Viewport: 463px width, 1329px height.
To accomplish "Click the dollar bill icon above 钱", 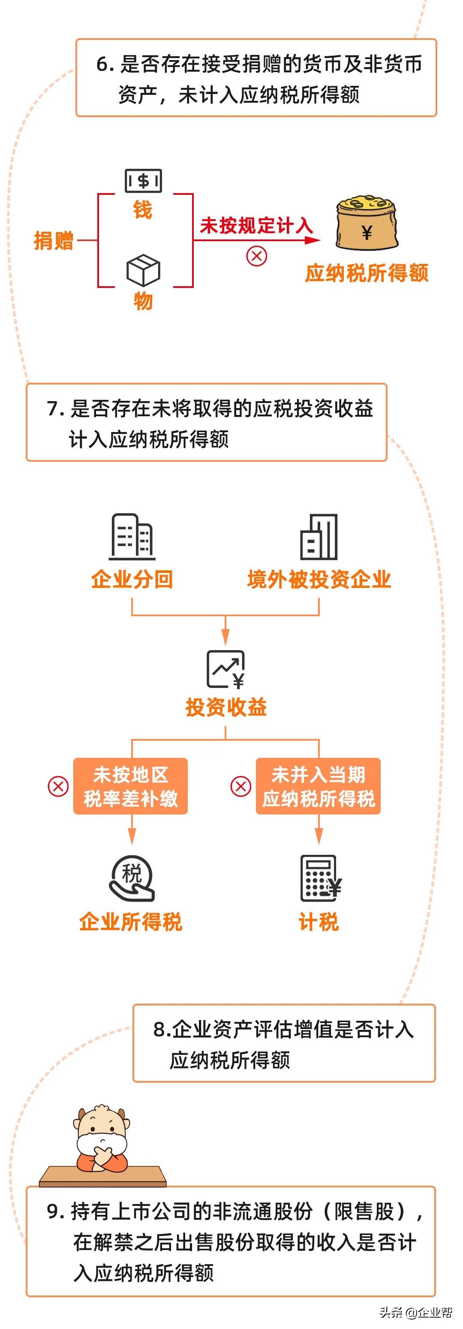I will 143,181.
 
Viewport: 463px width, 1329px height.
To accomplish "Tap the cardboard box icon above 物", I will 143,270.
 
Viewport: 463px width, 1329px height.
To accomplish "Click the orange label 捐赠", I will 54,241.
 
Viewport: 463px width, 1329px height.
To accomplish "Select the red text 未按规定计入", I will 256,225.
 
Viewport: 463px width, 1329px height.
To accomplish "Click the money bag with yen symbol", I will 367,224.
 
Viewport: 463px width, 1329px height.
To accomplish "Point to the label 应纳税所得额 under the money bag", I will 367,273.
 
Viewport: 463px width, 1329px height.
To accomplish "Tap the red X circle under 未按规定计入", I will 256,256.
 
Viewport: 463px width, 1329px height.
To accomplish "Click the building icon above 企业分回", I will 132,536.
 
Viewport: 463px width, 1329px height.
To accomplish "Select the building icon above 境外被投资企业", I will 319,536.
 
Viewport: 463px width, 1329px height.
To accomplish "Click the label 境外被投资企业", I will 319,579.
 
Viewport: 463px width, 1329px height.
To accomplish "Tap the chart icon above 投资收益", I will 226,669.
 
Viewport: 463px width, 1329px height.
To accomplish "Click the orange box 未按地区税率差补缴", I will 130,786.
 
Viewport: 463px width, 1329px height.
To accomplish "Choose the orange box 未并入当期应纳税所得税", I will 318,786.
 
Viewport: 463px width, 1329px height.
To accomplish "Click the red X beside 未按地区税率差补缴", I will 58,787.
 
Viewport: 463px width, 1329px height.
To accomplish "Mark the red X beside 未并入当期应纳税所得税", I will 240,787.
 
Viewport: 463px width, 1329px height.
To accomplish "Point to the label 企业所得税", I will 130,922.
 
